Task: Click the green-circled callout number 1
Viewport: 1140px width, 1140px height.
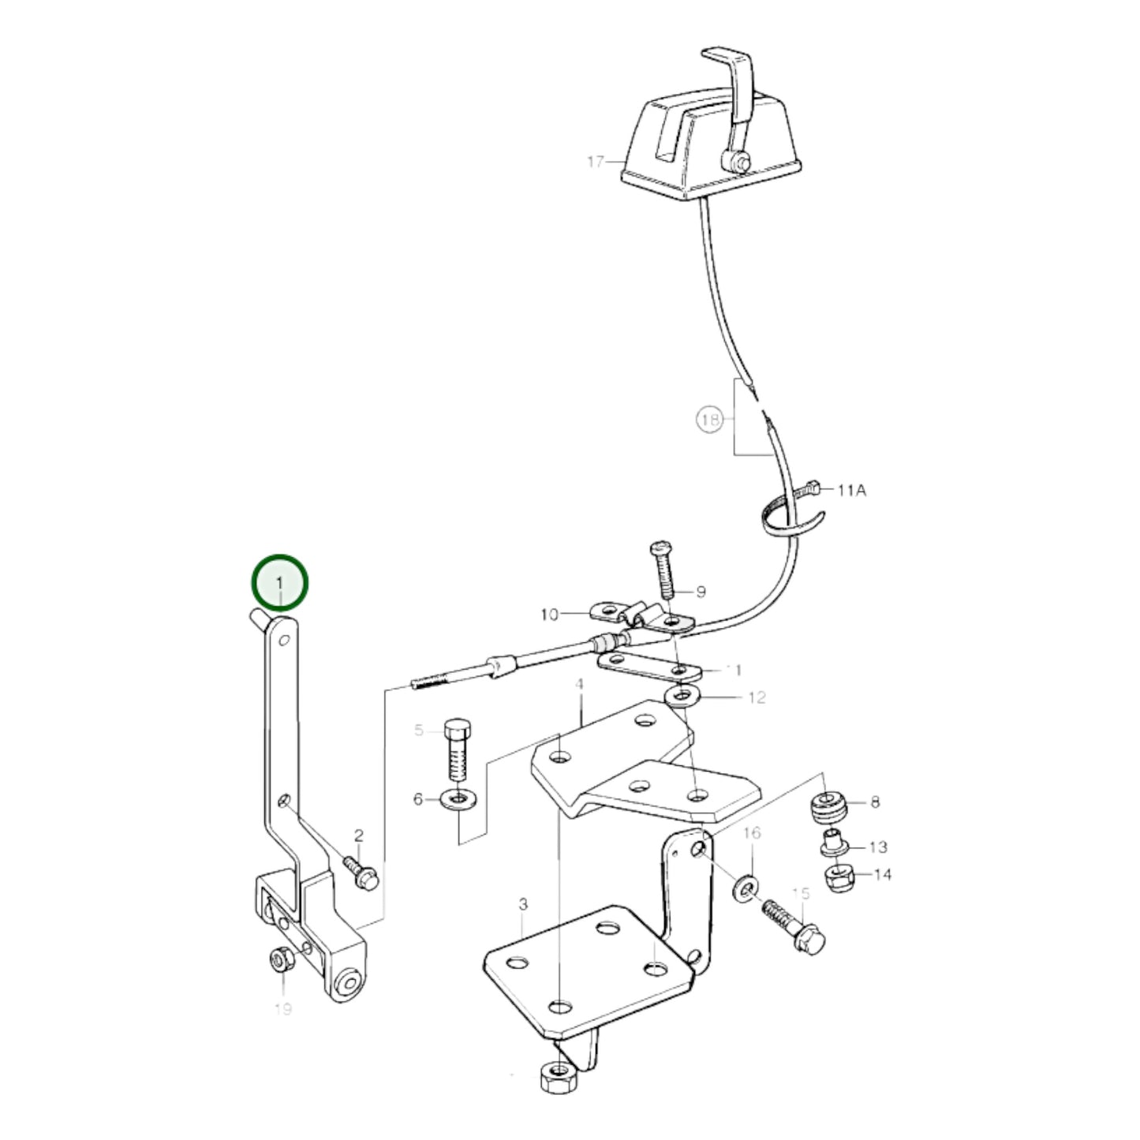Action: coord(278,582)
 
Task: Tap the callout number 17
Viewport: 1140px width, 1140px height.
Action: coord(596,162)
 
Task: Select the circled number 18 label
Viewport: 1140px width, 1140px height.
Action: coord(710,419)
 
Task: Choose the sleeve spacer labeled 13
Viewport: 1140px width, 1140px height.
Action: coord(832,843)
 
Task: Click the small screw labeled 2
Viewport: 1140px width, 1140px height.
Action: coord(361,873)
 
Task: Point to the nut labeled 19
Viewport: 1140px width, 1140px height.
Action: coord(280,960)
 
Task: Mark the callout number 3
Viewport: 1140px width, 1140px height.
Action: coord(523,904)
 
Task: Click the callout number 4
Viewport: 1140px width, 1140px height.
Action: coord(579,683)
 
